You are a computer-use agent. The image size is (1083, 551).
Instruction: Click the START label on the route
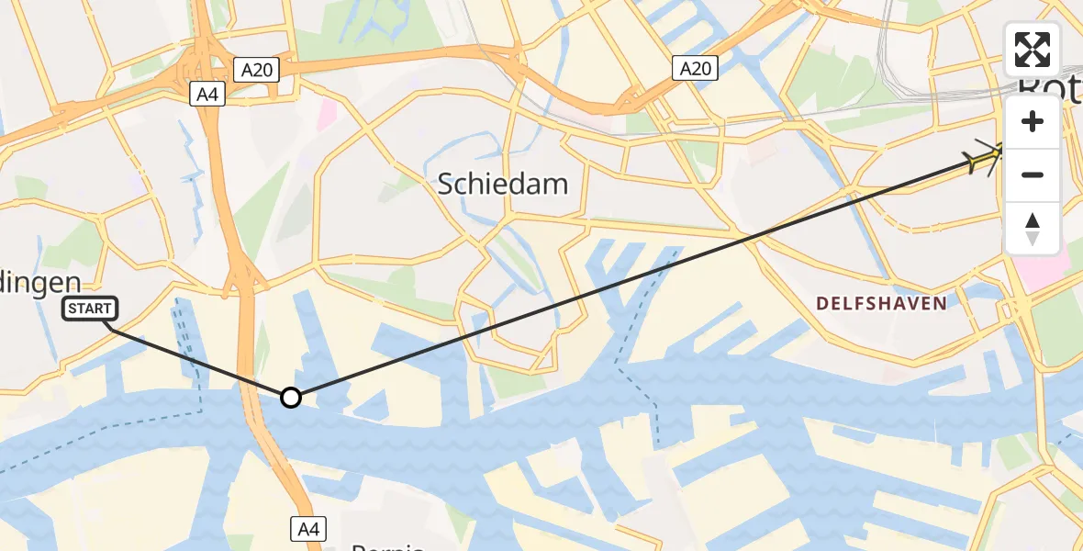(89, 309)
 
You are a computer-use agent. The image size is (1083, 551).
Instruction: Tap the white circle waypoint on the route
(290, 398)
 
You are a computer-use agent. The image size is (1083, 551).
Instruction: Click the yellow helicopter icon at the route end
(986, 159)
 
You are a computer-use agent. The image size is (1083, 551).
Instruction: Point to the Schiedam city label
(502, 185)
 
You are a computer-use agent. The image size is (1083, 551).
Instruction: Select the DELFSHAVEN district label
(881, 303)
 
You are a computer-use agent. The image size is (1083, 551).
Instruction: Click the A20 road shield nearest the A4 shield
(255, 69)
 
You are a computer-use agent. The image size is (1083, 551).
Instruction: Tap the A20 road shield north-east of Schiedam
(695, 67)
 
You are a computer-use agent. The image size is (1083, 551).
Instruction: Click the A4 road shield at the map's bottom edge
(309, 528)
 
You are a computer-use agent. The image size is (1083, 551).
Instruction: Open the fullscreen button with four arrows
(1033, 50)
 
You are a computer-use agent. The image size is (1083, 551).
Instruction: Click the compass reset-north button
(1033, 228)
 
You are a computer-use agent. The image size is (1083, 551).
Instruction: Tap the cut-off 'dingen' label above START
(41, 282)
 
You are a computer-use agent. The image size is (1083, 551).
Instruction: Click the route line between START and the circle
(197, 362)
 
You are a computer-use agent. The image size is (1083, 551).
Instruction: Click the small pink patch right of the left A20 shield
(328, 114)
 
